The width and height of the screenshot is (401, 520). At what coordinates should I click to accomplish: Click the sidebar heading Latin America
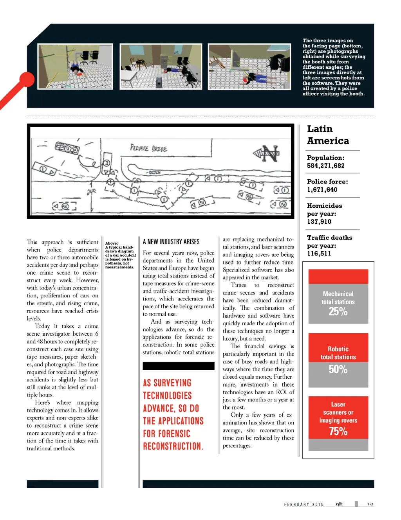click(x=328, y=135)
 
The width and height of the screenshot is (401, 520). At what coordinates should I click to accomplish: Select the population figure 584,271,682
click(x=325, y=166)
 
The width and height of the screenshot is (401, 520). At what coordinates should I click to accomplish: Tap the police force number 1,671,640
click(x=322, y=190)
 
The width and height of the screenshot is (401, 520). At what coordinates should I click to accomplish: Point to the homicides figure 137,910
click(x=319, y=222)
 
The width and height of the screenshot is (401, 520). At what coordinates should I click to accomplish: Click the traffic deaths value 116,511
click(x=319, y=254)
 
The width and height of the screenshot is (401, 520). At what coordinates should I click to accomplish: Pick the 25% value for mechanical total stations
click(x=338, y=312)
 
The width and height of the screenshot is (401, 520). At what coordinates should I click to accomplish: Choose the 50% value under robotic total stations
click(x=338, y=369)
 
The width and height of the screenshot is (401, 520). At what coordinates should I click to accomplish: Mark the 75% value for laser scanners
click(x=338, y=431)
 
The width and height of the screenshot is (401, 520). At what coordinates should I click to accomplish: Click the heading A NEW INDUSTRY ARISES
click(x=171, y=242)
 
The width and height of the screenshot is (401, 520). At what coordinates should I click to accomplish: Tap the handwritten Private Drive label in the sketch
click(x=148, y=148)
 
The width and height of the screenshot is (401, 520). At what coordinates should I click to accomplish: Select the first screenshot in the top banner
click(x=75, y=67)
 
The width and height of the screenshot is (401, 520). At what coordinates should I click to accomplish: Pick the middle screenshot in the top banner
click(x=161, y=67)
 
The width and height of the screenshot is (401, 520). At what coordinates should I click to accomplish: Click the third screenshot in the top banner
click(x=249, y=67)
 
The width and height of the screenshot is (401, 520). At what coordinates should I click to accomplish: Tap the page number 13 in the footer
click(x=370, y=504)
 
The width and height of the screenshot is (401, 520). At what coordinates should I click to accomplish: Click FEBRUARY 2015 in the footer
click(x=304, y=504)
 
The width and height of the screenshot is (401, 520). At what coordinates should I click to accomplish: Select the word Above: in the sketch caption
click(x=111, y=243)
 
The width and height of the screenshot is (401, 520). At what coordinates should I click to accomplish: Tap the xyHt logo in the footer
click(x=339, y=504)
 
